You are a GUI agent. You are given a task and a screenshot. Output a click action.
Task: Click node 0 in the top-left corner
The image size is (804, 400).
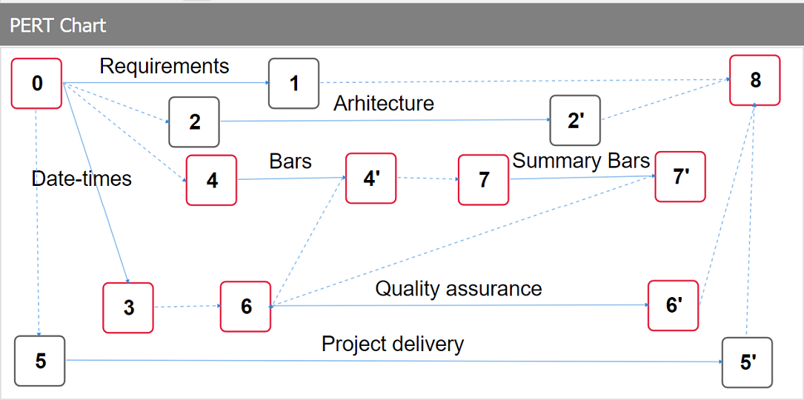click(x=36, y=84)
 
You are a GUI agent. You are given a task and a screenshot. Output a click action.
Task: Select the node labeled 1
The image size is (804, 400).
click(x=293, y=83)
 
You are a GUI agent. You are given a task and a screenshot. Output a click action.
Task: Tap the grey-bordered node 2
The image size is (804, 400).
click(x=194, y=121)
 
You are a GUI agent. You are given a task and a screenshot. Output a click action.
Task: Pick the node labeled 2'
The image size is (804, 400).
click(x=575, y=121)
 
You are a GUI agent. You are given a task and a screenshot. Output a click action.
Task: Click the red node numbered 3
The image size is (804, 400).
click(x=128, y=307)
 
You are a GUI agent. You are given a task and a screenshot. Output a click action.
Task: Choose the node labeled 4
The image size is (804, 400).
click(x=211, y=180)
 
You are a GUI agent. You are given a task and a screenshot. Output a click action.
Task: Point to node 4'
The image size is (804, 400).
click(x=371, y=178)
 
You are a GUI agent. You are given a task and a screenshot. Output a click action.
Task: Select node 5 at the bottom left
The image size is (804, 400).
click(x=40, y=361)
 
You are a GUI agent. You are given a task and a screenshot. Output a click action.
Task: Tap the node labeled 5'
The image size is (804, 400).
click(x=747, y=363)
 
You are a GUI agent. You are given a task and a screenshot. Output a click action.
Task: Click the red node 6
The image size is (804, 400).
click(x=245, y=307)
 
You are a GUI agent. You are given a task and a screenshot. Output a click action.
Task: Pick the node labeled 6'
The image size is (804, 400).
click(x=673, y=305)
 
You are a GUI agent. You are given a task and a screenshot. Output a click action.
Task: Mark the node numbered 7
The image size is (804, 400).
click(x=483, y=180)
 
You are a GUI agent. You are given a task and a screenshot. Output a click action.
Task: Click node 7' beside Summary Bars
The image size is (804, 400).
click(x=680, y=177)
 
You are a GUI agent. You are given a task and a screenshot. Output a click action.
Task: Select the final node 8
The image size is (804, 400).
click(x=754, y=80)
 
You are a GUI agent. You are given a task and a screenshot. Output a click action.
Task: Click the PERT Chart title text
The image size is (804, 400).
click(x=58, y=25)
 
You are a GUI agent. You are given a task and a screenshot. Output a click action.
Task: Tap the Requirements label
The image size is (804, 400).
click(x=165, y=67)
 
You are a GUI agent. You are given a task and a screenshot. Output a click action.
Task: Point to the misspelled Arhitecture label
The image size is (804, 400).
click(x=383, y=103)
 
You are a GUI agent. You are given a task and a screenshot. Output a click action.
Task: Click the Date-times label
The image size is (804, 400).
click(x=82, y=179)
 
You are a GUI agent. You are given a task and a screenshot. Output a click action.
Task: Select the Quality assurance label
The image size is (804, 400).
click(x=458, y=288)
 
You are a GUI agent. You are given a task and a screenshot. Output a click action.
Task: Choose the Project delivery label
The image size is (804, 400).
click(x=392, y=344)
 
